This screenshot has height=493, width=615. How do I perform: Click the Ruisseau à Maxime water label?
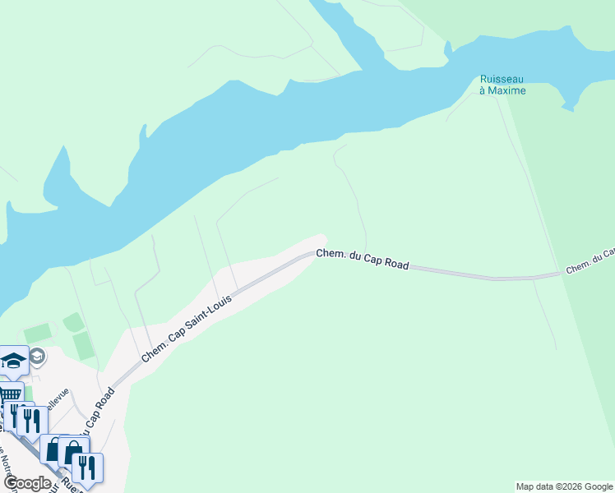click(502, 85)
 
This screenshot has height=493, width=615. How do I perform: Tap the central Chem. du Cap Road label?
click(363, 260)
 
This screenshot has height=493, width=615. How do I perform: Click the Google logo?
click(27, 482)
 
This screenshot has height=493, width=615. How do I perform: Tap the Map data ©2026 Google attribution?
click(565, 486)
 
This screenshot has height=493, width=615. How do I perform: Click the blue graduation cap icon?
click(14, 359)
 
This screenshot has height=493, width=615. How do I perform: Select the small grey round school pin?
click(37, 355)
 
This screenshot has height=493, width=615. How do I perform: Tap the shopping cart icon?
click(10, 392)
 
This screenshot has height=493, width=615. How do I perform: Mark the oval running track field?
click(74, 322)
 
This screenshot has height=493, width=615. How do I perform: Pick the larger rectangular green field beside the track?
click(83, 346)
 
